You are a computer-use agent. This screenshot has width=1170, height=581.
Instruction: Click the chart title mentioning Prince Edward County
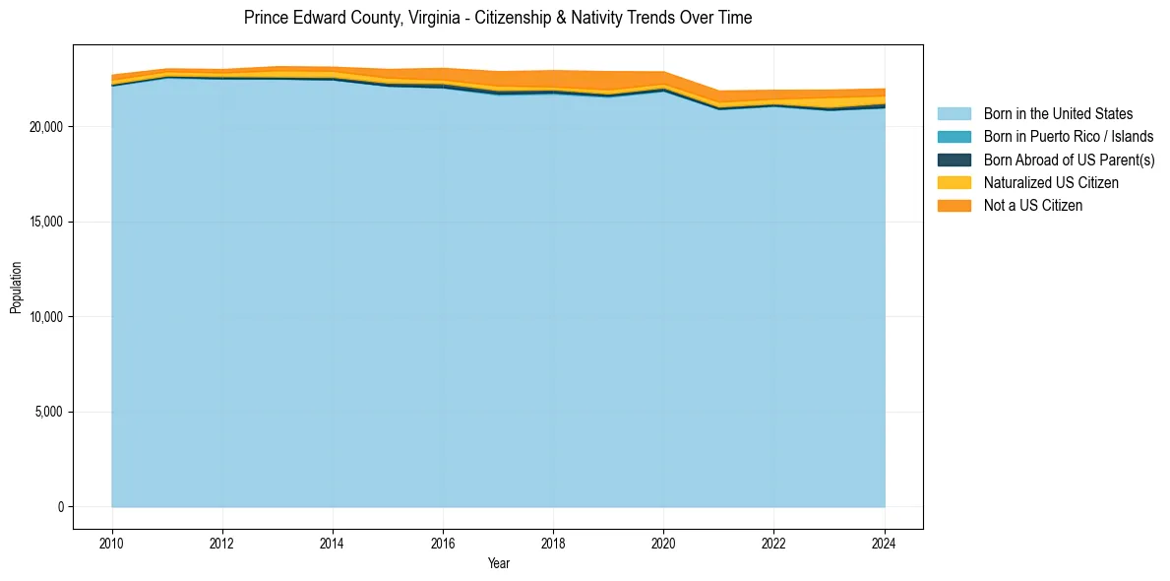click(x=498, y=18)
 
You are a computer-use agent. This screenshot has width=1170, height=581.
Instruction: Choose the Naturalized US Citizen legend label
click(x=1051, y=183)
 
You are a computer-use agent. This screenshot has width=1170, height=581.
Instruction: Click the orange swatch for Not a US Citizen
click(x=954, y=206)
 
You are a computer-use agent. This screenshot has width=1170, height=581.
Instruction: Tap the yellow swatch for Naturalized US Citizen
click(x=954, y=183)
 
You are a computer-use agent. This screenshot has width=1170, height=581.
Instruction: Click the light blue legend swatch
click(x=954, y=114)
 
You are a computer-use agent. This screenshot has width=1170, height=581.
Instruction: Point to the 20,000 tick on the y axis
click(x=45, y=127)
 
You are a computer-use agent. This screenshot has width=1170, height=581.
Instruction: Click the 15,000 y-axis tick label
click(x=45, y=223)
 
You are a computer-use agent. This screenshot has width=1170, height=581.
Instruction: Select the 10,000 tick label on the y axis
click(x=45, y=317)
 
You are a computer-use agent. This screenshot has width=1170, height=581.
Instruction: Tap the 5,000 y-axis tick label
click(x=48, y=413)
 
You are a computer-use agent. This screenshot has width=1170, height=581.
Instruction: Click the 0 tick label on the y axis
click(x=59, y=507)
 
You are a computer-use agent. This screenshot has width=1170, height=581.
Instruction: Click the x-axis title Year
click(x=498, y=564)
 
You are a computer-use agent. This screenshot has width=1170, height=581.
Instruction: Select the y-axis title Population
click(x=16, y=287)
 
